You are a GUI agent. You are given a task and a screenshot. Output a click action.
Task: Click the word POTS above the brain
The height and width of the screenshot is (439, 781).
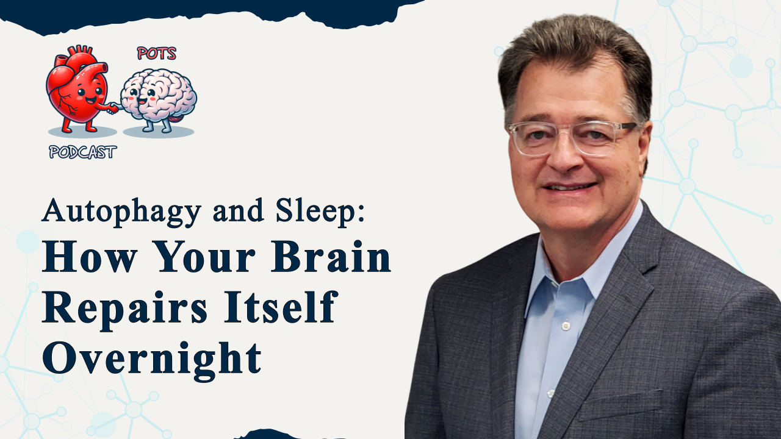157,53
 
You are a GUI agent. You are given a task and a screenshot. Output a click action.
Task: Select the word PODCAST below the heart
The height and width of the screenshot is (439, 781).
82,152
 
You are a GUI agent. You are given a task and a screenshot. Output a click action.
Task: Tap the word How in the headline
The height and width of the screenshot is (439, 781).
90,257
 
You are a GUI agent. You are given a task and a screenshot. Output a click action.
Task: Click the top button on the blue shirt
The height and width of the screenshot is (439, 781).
566,326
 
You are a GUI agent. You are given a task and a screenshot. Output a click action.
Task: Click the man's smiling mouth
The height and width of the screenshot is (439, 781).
570,187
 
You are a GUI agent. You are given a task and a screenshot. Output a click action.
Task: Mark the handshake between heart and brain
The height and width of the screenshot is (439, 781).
114,109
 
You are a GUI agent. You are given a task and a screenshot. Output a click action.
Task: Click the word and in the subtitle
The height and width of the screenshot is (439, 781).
238,211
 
